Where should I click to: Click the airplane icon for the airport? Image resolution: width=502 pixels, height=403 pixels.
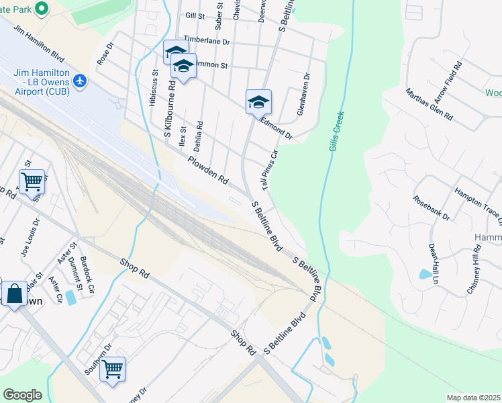pyautogui.click(x=81, y=81)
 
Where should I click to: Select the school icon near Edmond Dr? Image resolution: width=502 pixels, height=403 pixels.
pyautogui.click(x=258, y=102)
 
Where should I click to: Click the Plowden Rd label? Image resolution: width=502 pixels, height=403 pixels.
pyautogui.click(x=208, y=171)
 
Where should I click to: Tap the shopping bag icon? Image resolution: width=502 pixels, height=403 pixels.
pyautogui.click(x=13, y=294)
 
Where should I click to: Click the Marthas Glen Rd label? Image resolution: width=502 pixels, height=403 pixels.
pyautogui.click(x=429, y=103)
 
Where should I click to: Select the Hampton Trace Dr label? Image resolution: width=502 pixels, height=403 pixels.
pyautogui.click(x=479, y=205)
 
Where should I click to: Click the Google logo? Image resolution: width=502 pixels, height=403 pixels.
pyautogui.click(x=22, y=395)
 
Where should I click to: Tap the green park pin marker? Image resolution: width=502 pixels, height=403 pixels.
pyautogui.click(x=42, y=9)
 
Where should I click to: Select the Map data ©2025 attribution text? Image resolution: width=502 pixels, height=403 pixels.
pyautogui.click(x=473, y=398)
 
